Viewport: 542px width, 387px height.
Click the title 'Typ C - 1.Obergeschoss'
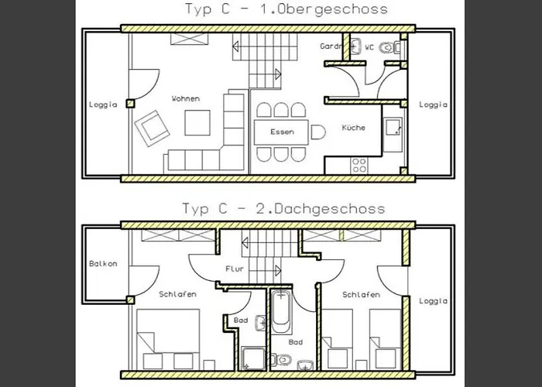[285, 10]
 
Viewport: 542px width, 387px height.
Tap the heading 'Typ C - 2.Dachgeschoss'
[283, 208]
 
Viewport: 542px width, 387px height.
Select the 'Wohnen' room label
[187, 99]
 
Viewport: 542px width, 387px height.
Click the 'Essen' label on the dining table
[282, 132]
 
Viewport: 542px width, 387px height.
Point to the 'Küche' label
[353, 128]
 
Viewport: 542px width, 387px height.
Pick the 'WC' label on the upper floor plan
[369, 48]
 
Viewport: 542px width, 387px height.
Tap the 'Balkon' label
[102, 264]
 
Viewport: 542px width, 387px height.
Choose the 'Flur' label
[235, 270]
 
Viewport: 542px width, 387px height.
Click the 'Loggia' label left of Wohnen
[103, 105]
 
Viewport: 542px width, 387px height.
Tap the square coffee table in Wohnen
[197, 123]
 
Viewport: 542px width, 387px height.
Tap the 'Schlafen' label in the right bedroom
[360, 295]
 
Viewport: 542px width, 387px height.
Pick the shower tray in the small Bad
[251, 357]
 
